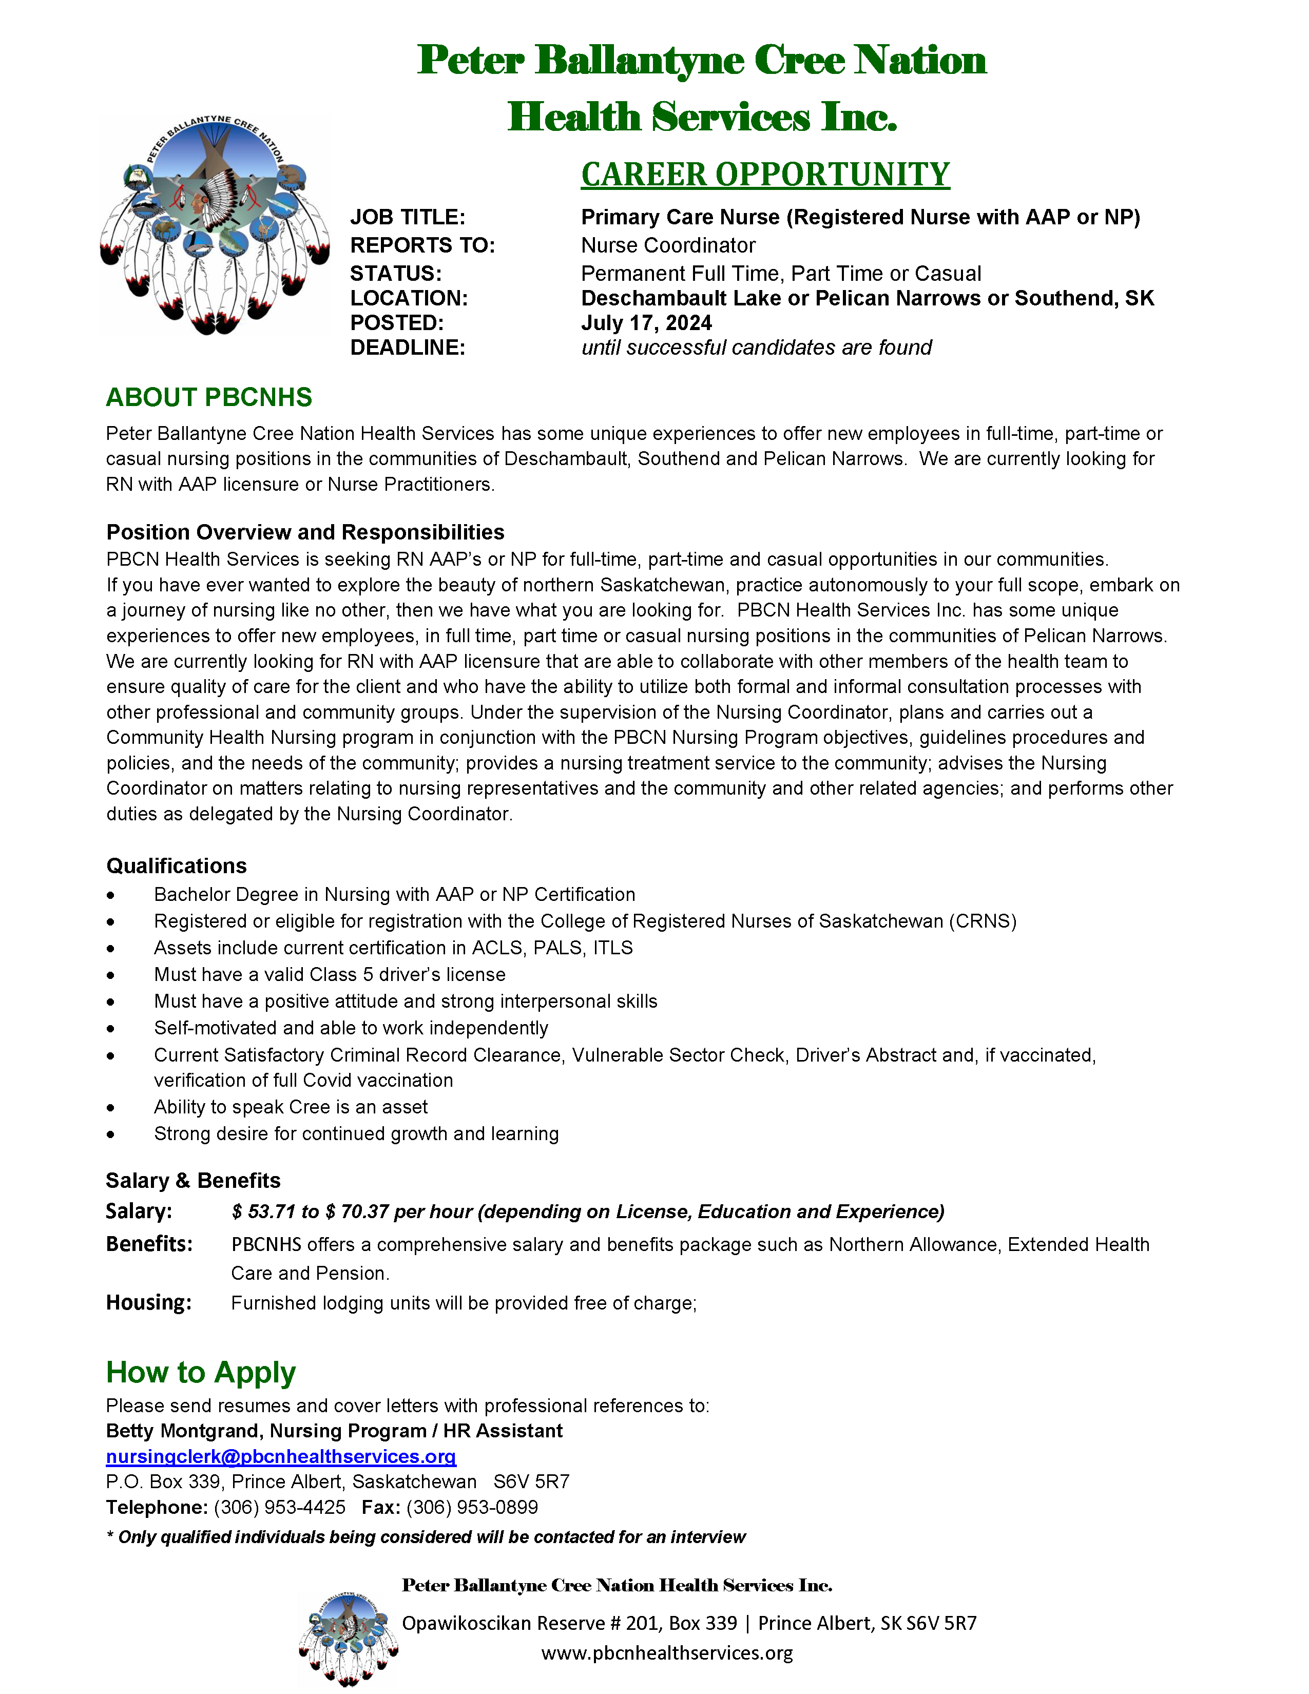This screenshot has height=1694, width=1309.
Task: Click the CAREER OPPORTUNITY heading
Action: (x=765, y=175)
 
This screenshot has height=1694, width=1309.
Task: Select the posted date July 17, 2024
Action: (x=646, y=323)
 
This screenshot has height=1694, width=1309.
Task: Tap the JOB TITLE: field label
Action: (x=407, y=217)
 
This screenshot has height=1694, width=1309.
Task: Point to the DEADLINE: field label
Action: (x=407, y=348)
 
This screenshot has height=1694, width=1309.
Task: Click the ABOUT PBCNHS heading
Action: (x=208, y=397)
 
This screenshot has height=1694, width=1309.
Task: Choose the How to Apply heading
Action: (x=201, y=1372)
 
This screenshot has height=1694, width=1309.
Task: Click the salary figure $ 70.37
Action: (x=357, y=1211)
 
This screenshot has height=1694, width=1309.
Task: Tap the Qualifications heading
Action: (x=176, y=865)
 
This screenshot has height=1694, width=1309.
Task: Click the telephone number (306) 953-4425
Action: (x=279, y=1507)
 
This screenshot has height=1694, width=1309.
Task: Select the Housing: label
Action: (x=148, y=1302)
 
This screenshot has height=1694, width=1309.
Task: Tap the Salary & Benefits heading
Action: (x=193, y=1181)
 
